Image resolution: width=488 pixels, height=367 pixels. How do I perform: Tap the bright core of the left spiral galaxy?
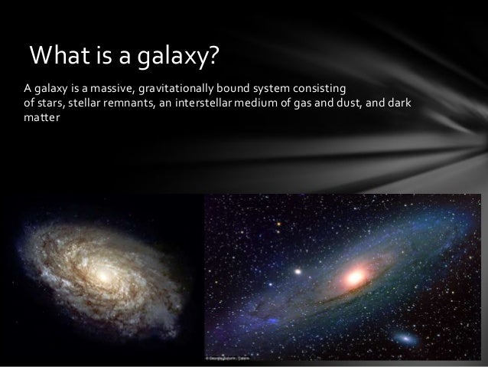(x=100, y=272)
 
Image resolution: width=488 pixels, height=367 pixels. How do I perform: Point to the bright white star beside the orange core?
(x=297, y=270)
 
